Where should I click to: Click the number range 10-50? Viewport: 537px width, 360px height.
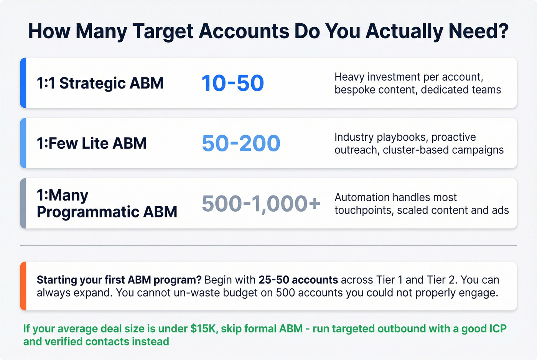point(232,83)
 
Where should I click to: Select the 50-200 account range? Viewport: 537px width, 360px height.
point(241,143)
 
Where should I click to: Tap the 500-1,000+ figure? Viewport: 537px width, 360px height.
point(261,204)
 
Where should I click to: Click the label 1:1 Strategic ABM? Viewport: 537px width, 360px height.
point(100,83)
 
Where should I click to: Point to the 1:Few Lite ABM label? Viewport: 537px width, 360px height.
point(92,143)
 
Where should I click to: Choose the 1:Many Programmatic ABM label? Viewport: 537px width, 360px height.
point(107,204)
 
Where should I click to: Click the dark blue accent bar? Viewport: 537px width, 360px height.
point(23,83)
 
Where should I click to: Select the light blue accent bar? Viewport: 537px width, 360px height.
point(23,143)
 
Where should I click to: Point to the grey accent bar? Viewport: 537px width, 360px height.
point(23,203)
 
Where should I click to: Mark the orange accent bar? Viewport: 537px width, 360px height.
point(23,286)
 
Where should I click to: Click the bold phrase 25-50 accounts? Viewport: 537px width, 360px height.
point(298,280)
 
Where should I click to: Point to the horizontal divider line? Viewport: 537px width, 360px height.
point(268,245)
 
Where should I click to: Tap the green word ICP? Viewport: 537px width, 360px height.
point(498,329)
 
